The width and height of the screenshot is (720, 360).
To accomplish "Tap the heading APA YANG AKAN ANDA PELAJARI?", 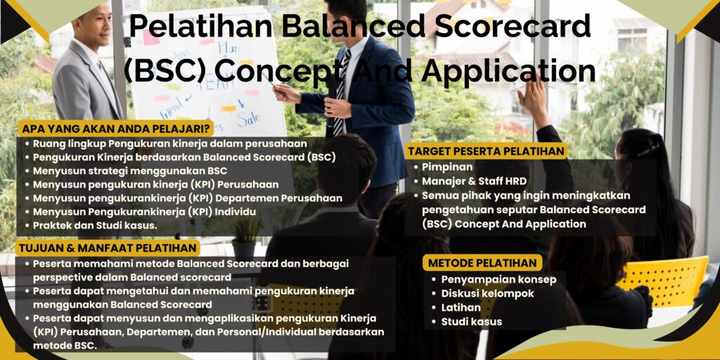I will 117,129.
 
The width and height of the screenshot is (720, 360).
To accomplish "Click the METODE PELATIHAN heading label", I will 482,263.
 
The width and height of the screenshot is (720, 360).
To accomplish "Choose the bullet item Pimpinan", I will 446,167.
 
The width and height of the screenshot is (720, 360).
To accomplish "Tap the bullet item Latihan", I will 461,307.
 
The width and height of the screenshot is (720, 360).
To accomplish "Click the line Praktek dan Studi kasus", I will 95,226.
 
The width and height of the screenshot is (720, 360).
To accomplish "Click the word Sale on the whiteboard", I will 248,119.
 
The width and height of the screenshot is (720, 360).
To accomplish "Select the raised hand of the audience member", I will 534,98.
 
